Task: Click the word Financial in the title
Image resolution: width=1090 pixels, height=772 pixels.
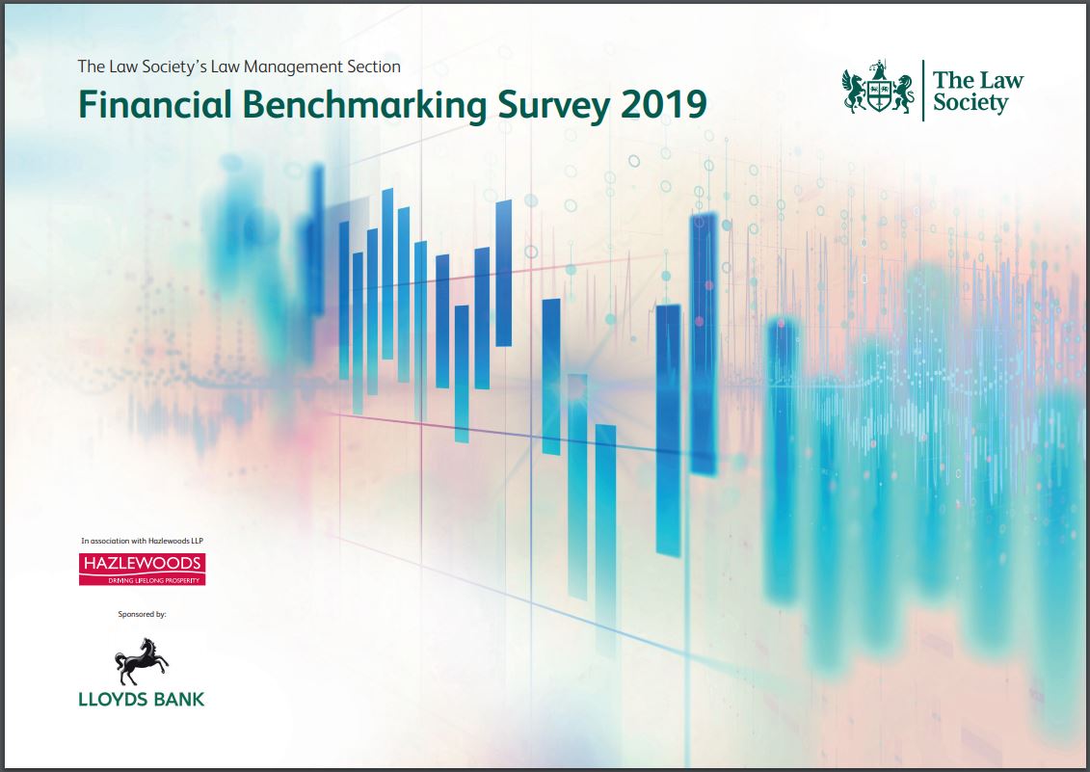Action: (154, 104)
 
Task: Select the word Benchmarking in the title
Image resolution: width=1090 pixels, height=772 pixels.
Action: (364, 106)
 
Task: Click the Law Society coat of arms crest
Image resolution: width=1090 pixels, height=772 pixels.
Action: (878, 88)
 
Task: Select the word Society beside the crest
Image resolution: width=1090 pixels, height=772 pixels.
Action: (970, 103)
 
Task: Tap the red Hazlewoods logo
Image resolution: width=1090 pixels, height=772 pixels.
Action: (142, 569)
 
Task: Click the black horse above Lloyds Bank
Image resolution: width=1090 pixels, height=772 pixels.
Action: (141, 661)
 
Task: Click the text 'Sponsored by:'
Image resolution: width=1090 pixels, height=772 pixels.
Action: (142, 614)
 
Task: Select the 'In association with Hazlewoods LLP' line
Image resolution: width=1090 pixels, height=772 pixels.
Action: (142, 541)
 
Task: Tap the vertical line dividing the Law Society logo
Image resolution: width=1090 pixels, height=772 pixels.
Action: (923, 91)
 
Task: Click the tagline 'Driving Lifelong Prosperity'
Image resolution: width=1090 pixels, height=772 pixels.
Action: (153, 580)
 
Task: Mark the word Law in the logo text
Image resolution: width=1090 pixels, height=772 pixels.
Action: (1001, 80)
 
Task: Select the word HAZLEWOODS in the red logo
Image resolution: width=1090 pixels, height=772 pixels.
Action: (142, 563)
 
